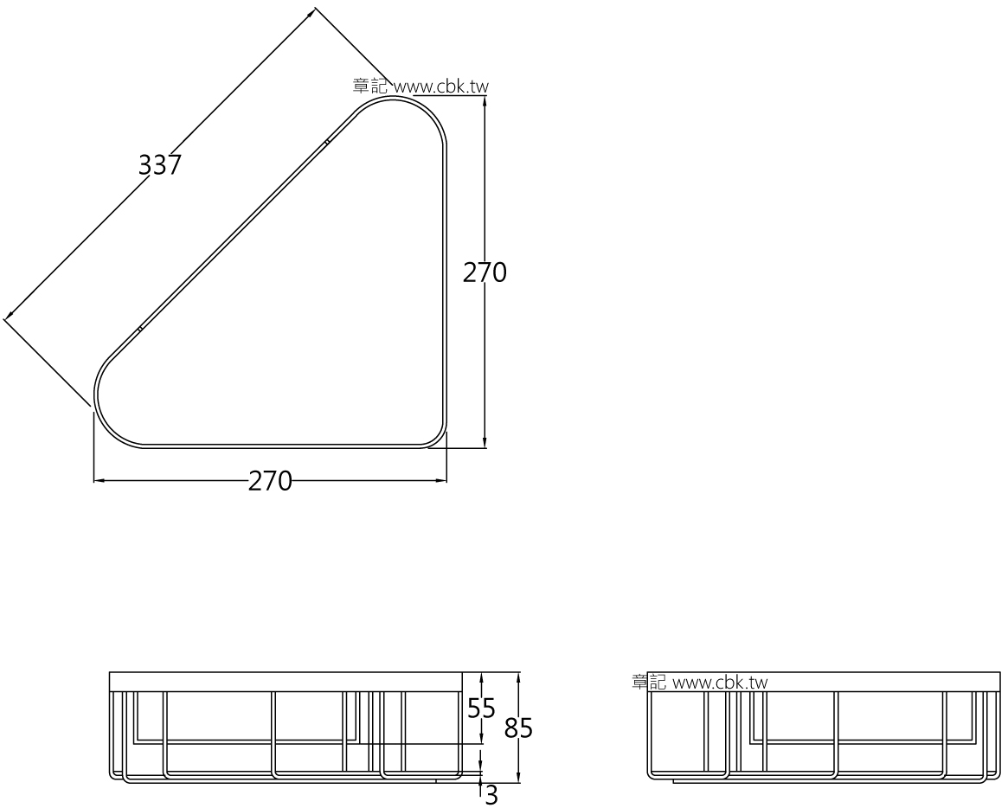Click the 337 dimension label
160,164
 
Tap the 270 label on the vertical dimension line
485,273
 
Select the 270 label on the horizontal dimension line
271,481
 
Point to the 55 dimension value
481,709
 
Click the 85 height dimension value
518,729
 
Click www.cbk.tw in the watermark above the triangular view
441,87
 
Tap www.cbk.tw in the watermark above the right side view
720,683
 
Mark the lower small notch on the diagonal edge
138,329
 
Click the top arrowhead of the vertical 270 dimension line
484,99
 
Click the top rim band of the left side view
286,681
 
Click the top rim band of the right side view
822,682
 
